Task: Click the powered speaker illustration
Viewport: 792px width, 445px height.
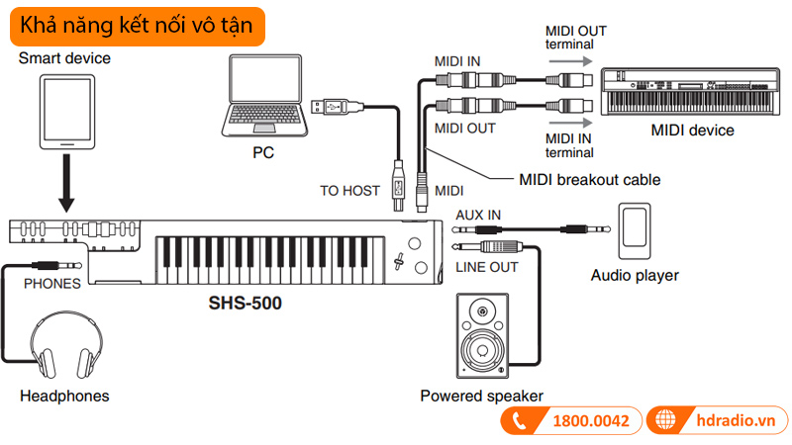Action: tap(481, 335)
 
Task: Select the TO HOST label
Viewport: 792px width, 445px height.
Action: tap(349, 191)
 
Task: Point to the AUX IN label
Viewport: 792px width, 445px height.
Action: tap(478, 215)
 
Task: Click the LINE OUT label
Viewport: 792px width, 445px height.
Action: tap(485, 268)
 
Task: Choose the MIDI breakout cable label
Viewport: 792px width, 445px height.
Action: tap(589, 180)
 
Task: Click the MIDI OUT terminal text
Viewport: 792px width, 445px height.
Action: tap(575, 38)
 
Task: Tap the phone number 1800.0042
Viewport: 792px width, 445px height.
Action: tap(591, 421)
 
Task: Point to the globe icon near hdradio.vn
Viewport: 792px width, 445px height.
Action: tap(671, 421)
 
